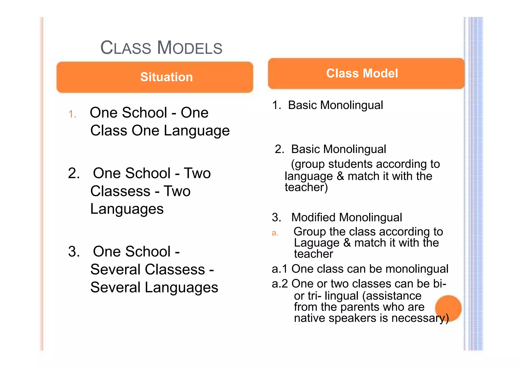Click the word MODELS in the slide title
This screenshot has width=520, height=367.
[x=189, y=48]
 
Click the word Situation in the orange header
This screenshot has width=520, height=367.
[x=167, y=77]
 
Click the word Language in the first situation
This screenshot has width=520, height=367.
[x=197, y=131]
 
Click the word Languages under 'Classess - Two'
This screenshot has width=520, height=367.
[x=127, y=209]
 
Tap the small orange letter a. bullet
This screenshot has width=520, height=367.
[x=275, y=233]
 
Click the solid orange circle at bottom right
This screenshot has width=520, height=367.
[x=448, y=308]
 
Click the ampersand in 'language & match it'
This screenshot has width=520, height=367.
[x=340, y=176]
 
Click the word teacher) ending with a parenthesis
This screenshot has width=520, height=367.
[x=306, y=187]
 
